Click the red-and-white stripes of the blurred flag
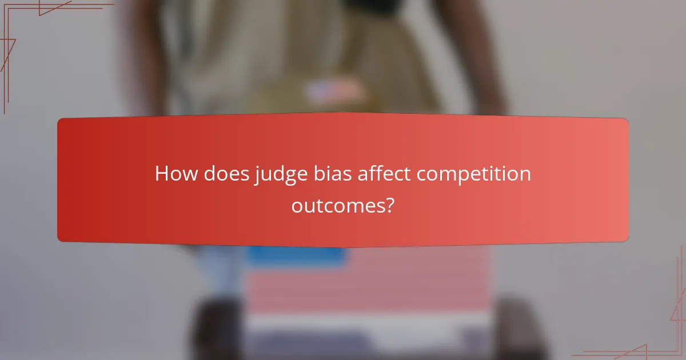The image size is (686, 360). [400, 286]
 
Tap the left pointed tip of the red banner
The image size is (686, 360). [59, 180]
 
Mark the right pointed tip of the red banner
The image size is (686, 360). [627, 180]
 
